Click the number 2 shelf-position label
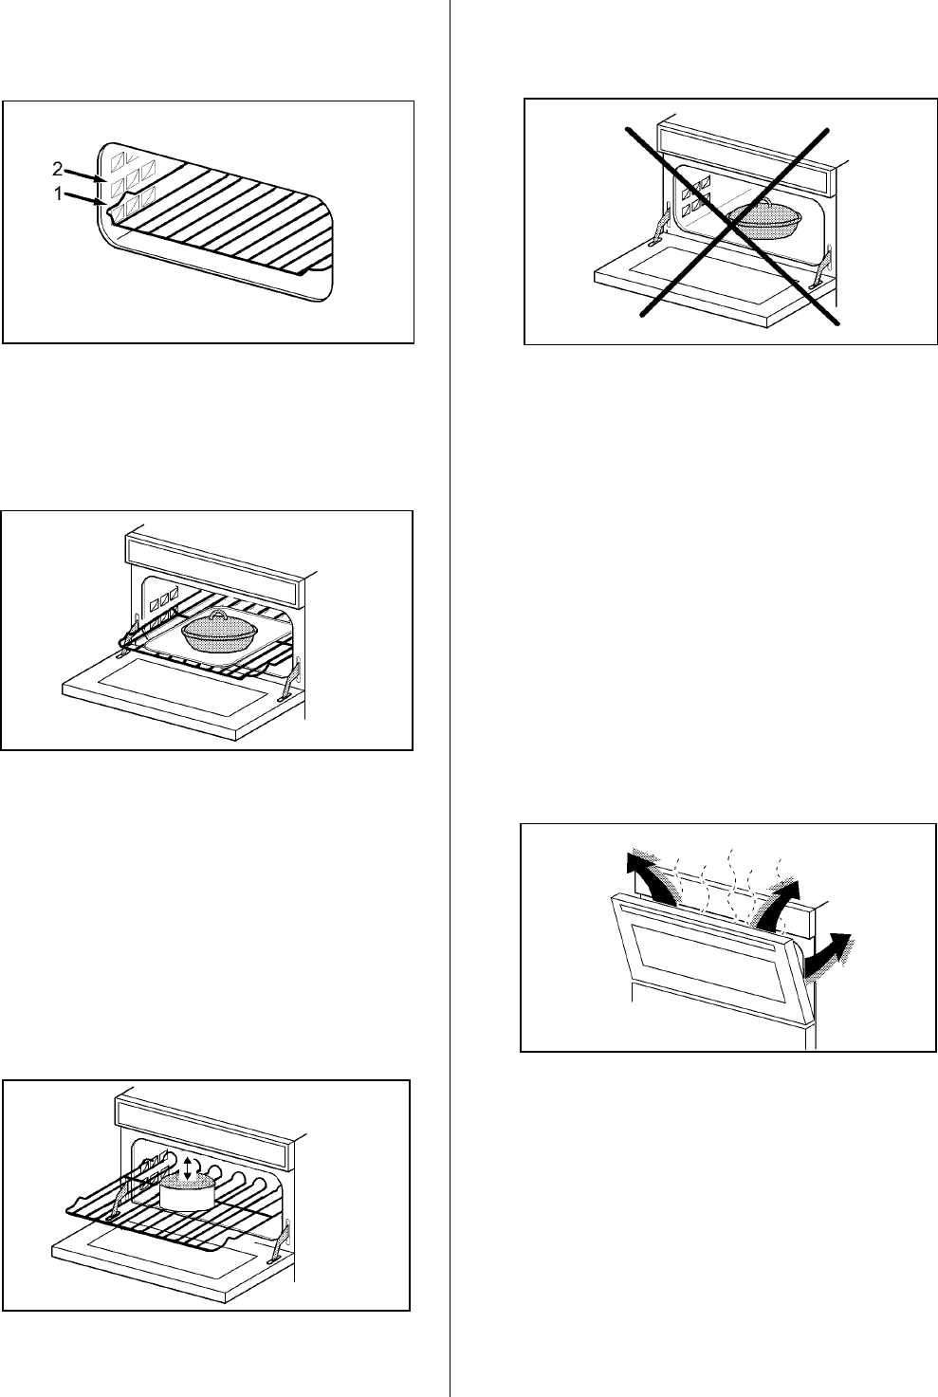tap(57, 169)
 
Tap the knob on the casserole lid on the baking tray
tap(218, 615)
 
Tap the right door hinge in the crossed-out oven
tap(823, 267)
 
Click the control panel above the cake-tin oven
tap(201, 1131)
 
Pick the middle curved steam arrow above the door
tap(776, 905)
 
